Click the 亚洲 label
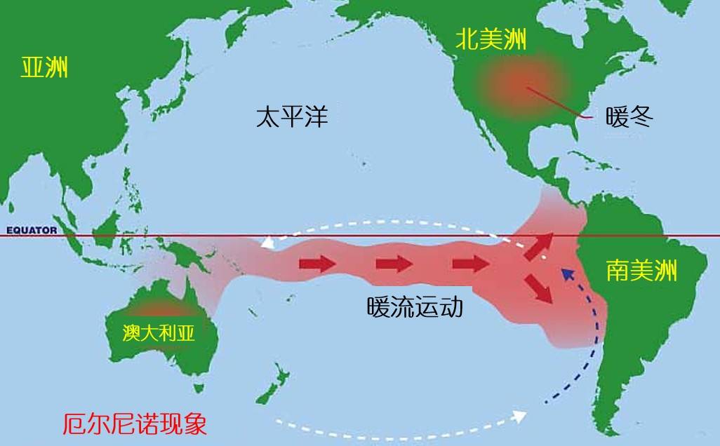tap(45, 69)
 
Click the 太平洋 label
tap(291, 116)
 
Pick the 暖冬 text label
tap(629, 117)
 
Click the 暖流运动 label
tap(415, 306)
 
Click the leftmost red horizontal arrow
tap(317, 264)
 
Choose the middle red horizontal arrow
tap(393, 264)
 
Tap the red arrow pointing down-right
tap(541, 289)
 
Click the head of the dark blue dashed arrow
tap(566, 273)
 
